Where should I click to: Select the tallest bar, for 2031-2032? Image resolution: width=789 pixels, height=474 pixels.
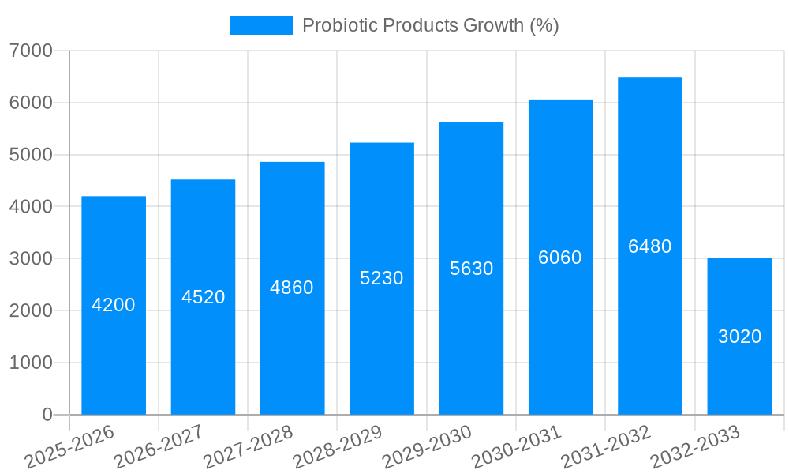[650, 332]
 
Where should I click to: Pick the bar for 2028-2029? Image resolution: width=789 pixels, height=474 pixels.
[382, 348]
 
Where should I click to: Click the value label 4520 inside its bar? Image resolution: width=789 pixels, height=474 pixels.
[204, 297]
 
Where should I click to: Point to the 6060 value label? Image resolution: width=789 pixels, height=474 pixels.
[560, 258]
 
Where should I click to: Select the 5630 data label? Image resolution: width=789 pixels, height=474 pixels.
[472, 269]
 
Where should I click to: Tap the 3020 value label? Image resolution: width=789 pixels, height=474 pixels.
[739, 337]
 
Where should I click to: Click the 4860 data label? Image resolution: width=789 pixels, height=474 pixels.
[292, 288]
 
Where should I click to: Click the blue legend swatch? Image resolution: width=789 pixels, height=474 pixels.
[260, 25]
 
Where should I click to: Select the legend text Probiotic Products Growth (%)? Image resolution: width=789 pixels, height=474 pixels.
[431, 25]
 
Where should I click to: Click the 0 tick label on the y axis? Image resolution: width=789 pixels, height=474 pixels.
[47, 415]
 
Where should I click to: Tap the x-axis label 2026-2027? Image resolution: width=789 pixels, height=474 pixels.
[158, 448]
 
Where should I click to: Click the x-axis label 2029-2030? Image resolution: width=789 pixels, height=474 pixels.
[426, 448]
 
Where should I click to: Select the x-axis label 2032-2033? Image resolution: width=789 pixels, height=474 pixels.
[694, 448]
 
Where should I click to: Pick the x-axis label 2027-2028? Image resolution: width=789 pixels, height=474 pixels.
[247, 448]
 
